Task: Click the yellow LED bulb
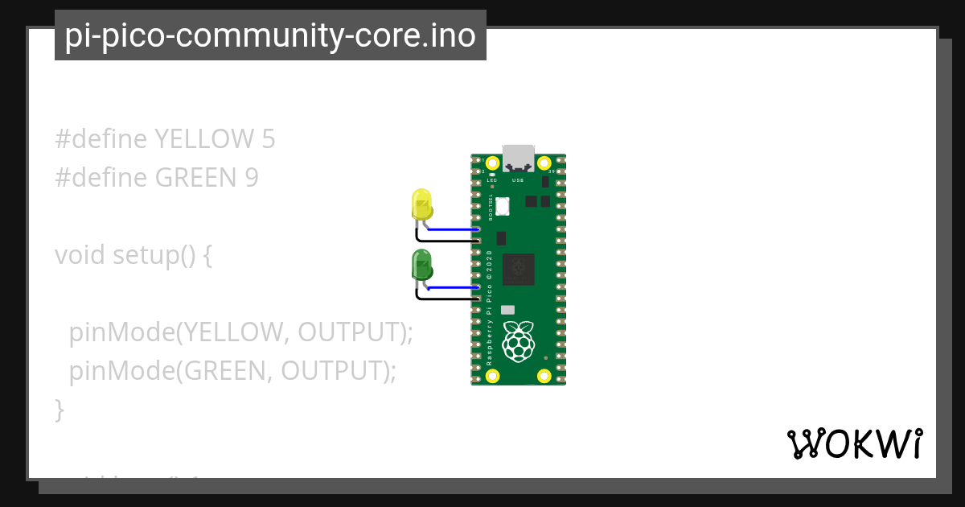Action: coord(421,204)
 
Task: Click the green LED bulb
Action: coord(421,265)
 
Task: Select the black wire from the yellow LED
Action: coord(446,240)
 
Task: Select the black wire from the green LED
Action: coord(446,299)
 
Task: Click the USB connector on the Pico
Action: coord(518,159)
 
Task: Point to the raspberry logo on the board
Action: coord(519,341)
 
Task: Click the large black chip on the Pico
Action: coord(519,270)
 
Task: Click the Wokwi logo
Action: coord(855,443)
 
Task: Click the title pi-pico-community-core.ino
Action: coord(270,35)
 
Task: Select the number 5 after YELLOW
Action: coord(269,139)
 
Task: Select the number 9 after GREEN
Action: coord(252,178)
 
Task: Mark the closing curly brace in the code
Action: coord(59,410)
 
